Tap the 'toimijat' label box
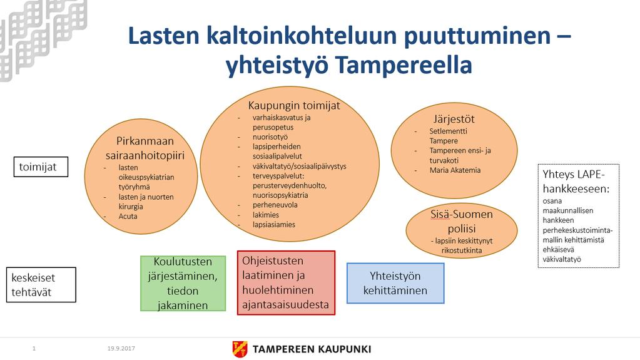tap(41, 167)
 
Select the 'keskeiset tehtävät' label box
tap(41, 285)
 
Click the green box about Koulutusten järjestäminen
tap(183, 283)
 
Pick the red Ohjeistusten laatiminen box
tap(286, 283)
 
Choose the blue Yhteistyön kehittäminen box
tap(395, 283)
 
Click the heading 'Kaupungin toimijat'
tap(294, 105)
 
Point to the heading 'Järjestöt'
tap(454, 120)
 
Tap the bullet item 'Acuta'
tap(128, 216)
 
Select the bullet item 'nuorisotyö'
tap(270, 137)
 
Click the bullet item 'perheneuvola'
tap(275, 205)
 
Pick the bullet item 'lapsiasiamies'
tap(274, 224)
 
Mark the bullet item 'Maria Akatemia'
tap(455, 170)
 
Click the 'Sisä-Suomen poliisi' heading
tap(462, 221)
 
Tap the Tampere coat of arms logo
tap(240, 349)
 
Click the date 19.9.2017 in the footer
tap(121, 349)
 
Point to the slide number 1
tap(34, 349)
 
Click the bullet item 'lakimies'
tap(266, 215)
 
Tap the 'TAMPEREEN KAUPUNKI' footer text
tap(312, 349)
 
